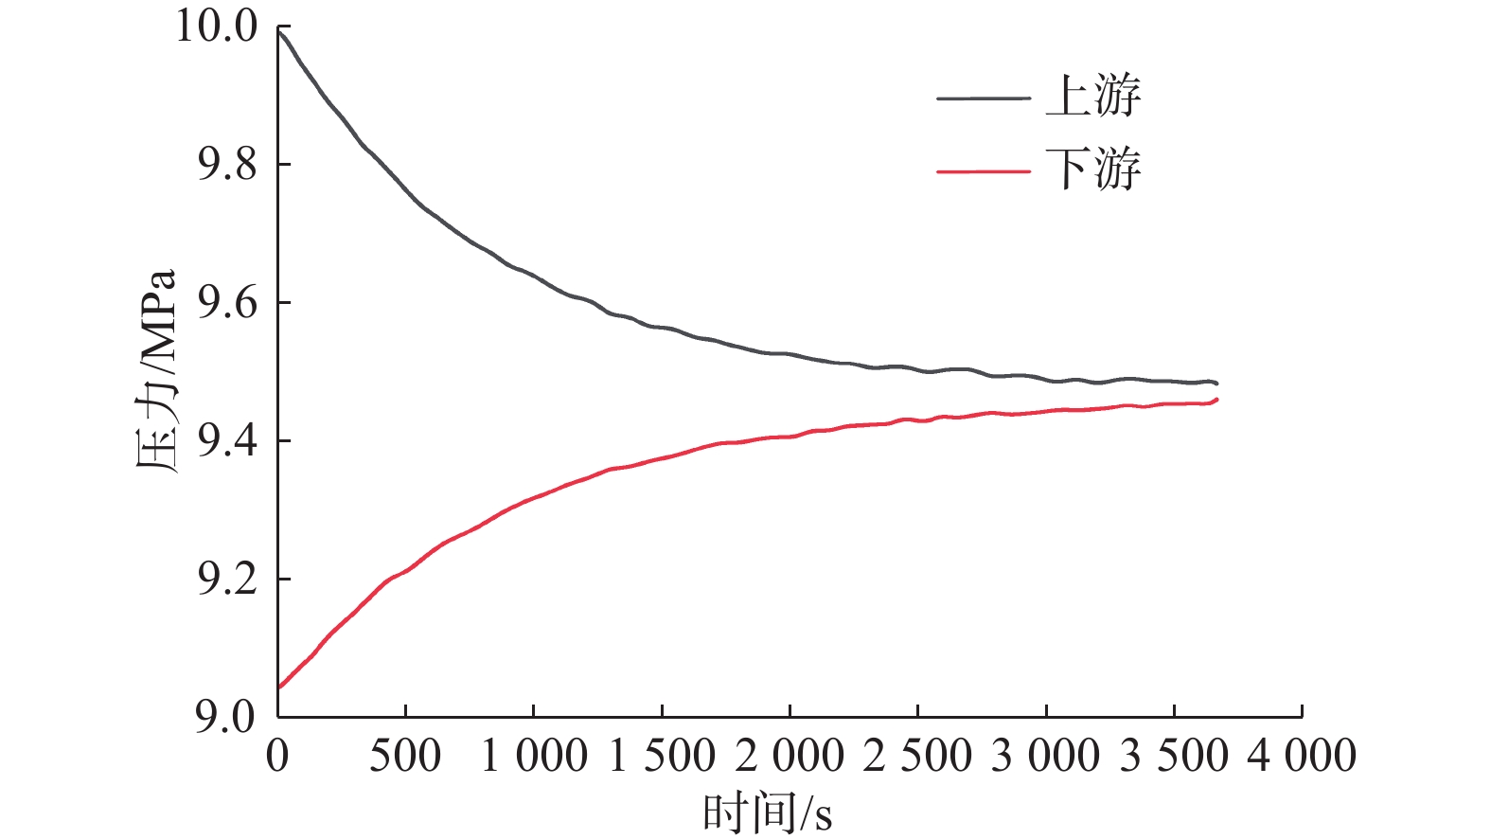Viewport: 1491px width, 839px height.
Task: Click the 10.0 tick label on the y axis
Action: pyautogui.click(x=217, y=26)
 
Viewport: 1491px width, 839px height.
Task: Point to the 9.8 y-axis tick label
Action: pyautogui.click(x=227, y=164)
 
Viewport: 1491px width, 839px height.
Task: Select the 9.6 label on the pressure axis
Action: pyautogui.click(x=227, y=302)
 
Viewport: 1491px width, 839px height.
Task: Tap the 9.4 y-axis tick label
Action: pyautogui.click(x=227, y=440)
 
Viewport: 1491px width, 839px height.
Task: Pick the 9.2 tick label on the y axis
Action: pyautogui.click(x=227, y=579)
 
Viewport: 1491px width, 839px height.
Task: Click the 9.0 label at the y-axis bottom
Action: pyautogui.click(x=227, y=717)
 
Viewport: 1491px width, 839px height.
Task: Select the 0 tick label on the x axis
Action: pyautogui.click(x=277, y=757)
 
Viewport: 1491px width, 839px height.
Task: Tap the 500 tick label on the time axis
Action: pyautogui.click(x=405, y=757)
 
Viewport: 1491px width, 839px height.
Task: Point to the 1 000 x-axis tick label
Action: pyautogui.click(x=534, y=757)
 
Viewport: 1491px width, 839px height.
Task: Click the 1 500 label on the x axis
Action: pyautogui.click(x=662, y=757)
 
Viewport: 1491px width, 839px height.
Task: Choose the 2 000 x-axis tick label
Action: pyautogui.click(x=790, y=757)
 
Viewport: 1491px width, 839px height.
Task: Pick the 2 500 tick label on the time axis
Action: pyautogui.click(x=917, y=757)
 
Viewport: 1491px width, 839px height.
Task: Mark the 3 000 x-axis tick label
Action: pyautogui.click(x=1045, y=757)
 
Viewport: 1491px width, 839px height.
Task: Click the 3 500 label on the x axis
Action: pyautogui.click(x=1174, y=757)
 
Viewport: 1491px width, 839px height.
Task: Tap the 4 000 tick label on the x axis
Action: pyautogui.click(x=1302, y=757)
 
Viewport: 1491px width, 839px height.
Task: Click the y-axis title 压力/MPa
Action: pyautogui.click(x=156, y=370)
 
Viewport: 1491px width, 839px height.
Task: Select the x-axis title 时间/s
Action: pyautogui.click(x=767, y=812)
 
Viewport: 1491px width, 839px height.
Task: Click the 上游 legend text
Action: pyautogui.click(x=1093, y=97)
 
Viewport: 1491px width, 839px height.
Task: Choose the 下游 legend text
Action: pyautogui.click(x=1093, y=170)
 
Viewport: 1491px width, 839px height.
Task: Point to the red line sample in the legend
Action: pyautogui.click(x=983, y=171)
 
